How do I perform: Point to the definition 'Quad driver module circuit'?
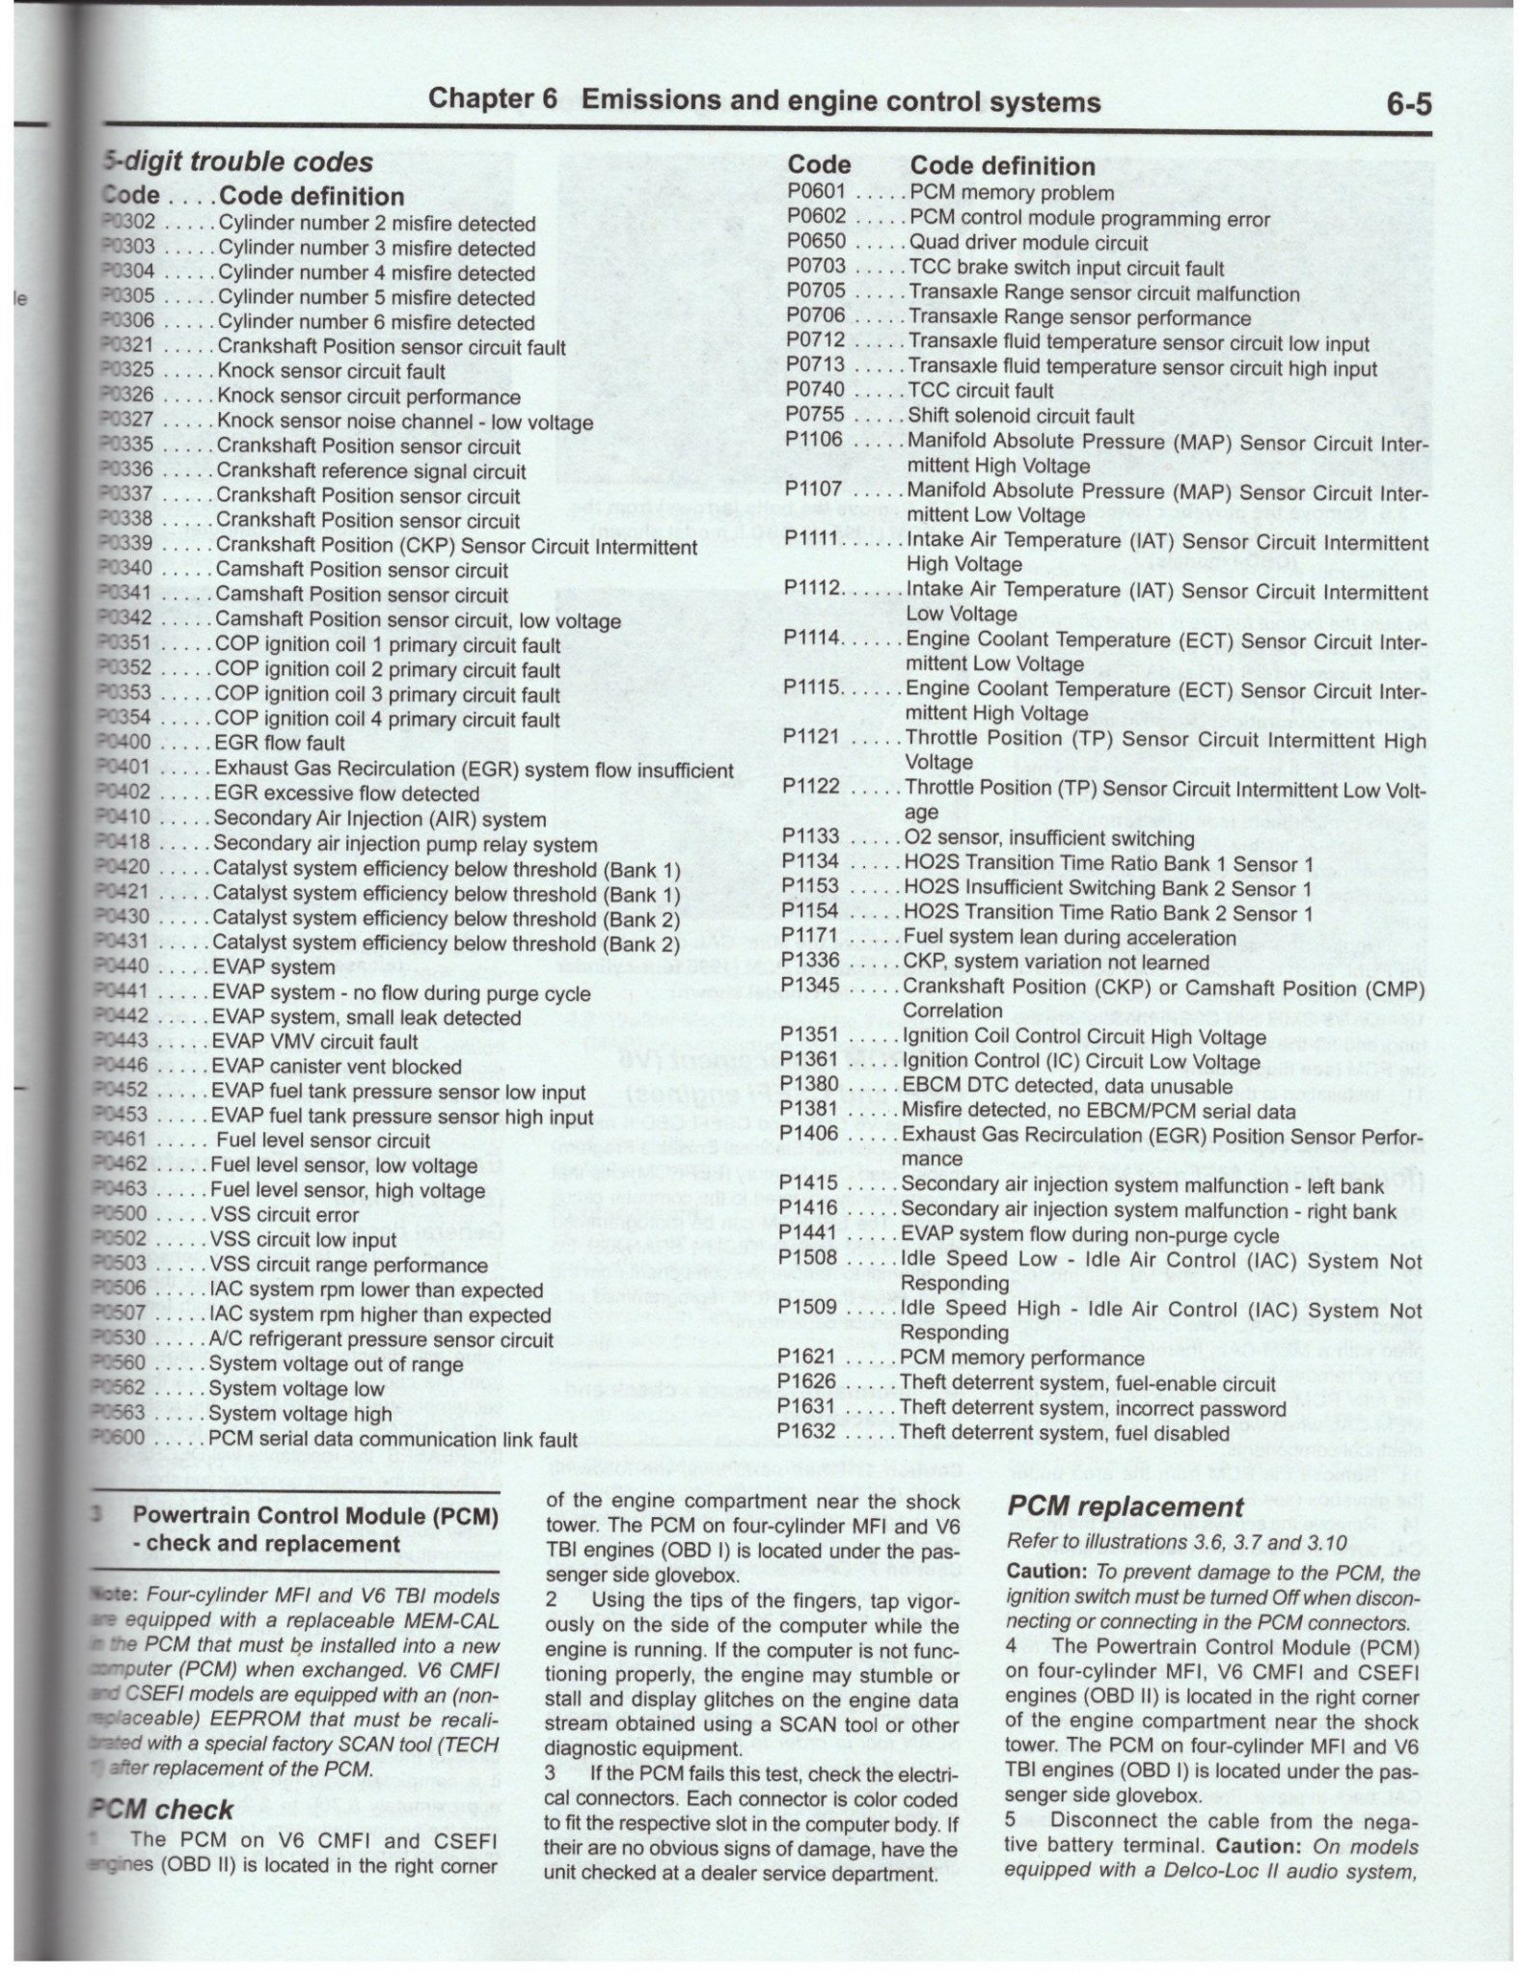[1029, 243]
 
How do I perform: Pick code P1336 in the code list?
[811, 961]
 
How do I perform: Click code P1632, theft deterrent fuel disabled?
[809, 1433]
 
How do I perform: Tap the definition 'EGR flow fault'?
[280, 744]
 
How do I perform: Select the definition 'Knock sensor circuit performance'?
[368, 396]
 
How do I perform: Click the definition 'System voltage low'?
[296, 1389]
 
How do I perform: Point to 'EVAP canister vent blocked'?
[337, 1067]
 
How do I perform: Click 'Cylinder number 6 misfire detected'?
[376, 322]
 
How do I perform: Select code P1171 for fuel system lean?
[811, 936]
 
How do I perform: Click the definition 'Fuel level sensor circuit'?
[323, 1141]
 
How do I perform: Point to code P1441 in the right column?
[810, 1235]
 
